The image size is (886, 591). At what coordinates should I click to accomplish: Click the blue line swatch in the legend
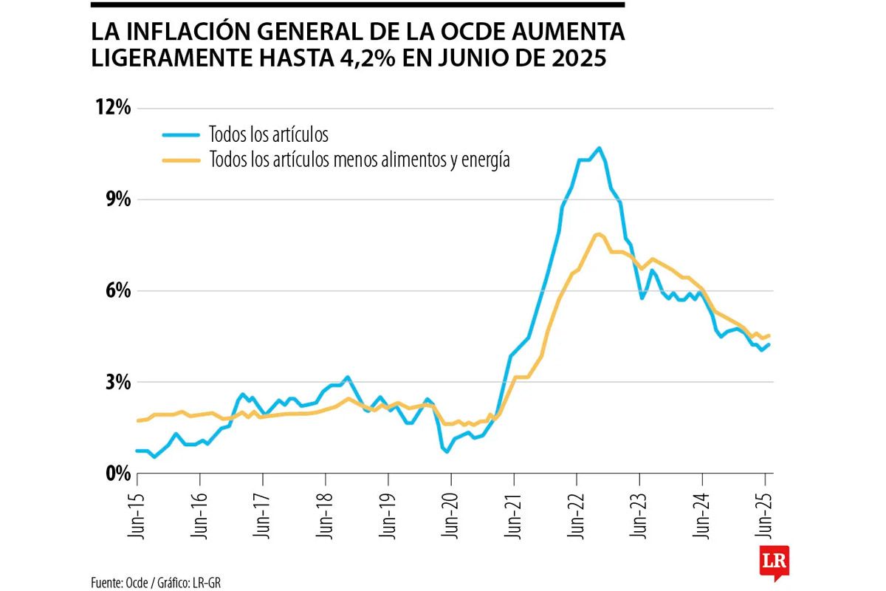point(181,134)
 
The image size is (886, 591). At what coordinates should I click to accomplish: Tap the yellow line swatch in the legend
point(181,159)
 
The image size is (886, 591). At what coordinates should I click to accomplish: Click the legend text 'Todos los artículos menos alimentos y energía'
point(360,159)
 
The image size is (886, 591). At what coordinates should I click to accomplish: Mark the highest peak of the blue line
point(599,148)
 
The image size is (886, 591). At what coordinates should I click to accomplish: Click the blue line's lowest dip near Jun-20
point(447,451)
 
